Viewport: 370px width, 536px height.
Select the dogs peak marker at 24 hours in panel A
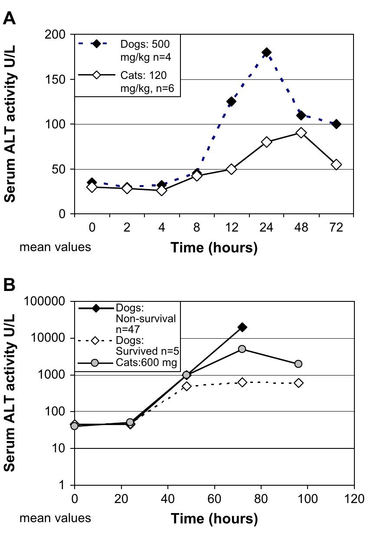(266, 52)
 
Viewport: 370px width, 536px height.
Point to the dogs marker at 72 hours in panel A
(336, 124)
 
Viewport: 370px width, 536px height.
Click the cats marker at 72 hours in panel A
(336, 165)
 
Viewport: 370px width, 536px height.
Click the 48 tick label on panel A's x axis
(301, 228)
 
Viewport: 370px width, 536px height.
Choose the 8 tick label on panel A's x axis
(196, 228)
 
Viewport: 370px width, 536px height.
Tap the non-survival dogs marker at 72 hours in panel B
(242, 327)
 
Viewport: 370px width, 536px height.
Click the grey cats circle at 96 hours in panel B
(298, 364)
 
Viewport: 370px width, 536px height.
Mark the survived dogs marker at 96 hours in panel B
(298, 383)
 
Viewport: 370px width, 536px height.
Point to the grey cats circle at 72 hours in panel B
(242, 349)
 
